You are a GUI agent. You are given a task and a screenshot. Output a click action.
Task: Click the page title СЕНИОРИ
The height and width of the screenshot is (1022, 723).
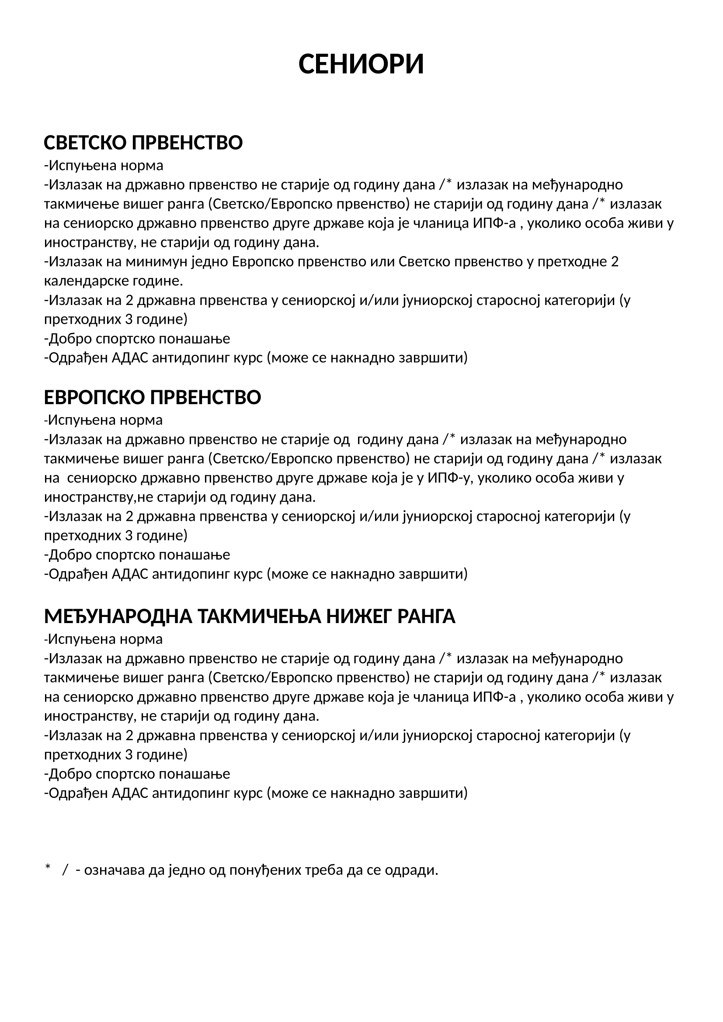(x=361, y=64)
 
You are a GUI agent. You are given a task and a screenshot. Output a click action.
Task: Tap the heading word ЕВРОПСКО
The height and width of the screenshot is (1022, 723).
(x=95, y=398)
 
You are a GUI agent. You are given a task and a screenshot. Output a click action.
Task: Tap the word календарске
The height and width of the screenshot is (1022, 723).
(x=87, y=281)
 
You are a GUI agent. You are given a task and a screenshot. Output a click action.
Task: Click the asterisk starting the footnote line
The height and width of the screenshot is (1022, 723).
(x=48, y=867)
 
